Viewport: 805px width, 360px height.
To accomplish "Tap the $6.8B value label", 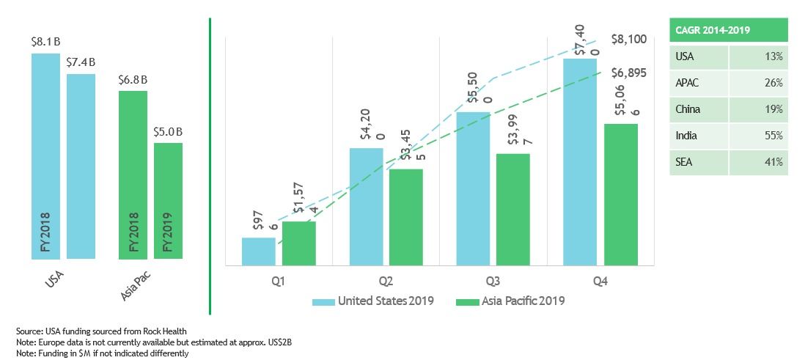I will click(133, 80).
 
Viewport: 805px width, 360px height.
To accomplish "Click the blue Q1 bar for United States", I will click(259, 251).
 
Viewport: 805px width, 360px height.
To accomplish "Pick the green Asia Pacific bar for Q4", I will click(621, 194).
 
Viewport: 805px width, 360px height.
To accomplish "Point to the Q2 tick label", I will click(386, 281).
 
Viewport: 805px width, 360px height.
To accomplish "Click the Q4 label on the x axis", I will click(600, 281).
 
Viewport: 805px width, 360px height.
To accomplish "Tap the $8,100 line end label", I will click(628, 40).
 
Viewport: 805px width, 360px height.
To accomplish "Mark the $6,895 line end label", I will click(628, 73).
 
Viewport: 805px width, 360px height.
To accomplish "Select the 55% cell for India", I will click(774, 136).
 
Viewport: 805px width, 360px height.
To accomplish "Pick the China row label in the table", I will click(688, 109).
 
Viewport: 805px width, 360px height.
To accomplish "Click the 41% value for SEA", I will click(774, 162).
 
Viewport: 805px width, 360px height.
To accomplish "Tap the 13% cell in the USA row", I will click(774, 56).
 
